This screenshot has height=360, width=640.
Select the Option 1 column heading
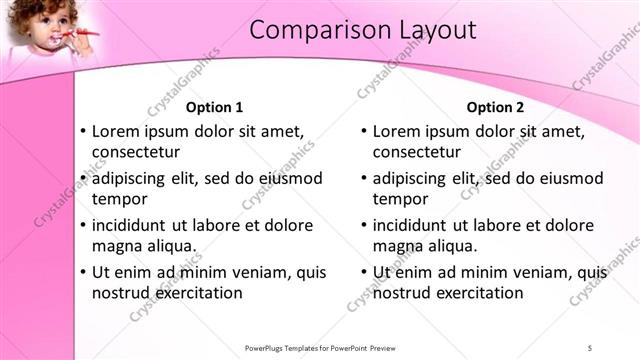215,107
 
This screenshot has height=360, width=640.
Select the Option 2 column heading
495,107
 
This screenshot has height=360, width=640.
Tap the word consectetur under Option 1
136,153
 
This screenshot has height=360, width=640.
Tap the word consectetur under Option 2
417,153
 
